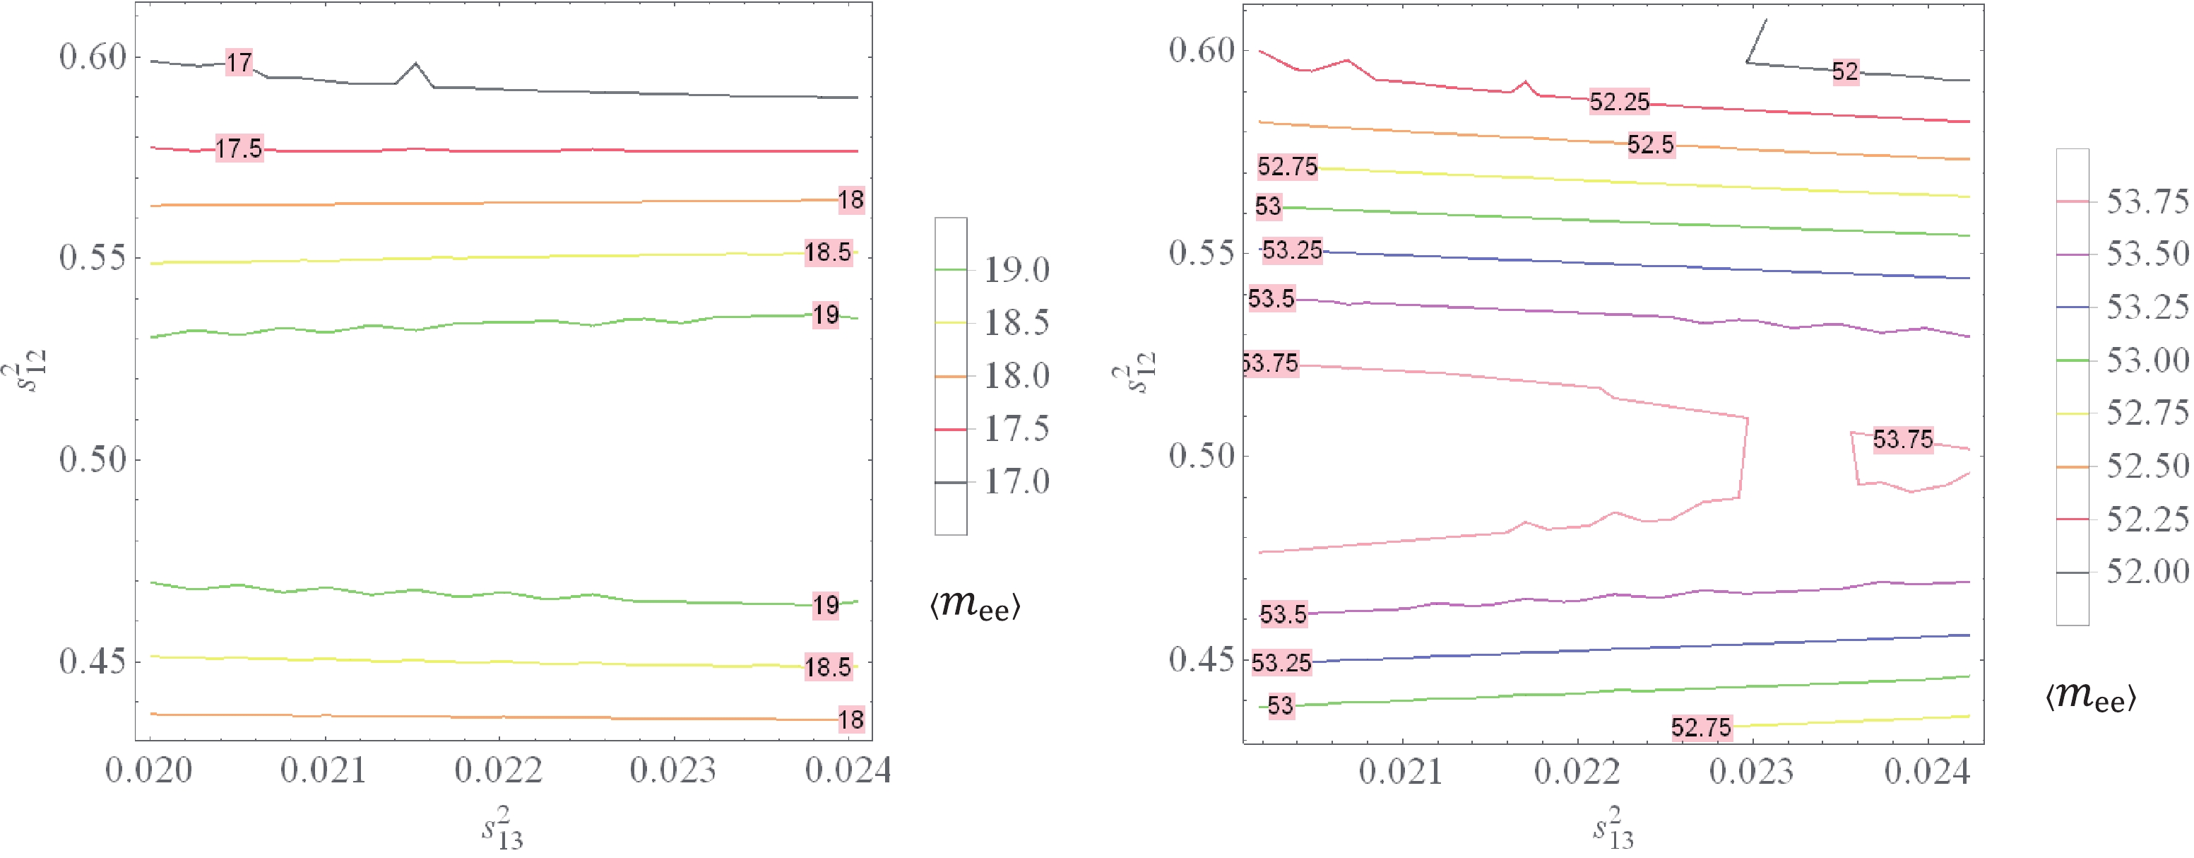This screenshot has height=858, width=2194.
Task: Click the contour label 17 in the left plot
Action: click(239, 62)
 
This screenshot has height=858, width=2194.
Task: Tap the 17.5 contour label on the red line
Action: click(239, 149)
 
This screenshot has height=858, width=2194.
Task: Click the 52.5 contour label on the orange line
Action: click(1651, 145)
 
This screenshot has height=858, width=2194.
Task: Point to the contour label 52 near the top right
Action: click(1845, 71)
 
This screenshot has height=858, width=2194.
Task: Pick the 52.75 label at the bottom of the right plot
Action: click(1701, 728)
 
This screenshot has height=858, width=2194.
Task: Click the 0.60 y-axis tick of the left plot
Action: click(92, 58)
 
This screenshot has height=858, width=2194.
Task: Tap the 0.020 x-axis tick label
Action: click(149, 770)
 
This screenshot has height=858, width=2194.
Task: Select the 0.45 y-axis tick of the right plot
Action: click(1201, 659)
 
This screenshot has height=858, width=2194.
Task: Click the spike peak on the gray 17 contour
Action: click(415, 63)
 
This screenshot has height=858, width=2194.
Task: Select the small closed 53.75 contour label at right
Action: click(1903, 440)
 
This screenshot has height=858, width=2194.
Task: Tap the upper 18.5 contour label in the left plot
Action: click(828, 252)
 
